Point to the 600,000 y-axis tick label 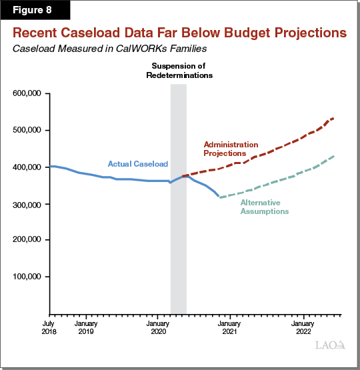(x=27, y=93)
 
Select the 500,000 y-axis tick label (x=27, y=130)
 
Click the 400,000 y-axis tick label (x=27, y=167)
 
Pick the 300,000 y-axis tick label (x=27, y=203)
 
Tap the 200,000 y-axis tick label (x=27, y=239)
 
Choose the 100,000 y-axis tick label (x=27, y=276)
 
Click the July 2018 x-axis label (x=49, y=326)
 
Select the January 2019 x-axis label (x=85, y=326)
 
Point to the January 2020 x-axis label (x=158, y=326)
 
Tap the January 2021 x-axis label (x=231, y=326)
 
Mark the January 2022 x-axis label (x=303, y=326)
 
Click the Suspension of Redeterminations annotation (x=179, y=71)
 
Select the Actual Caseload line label (x=138, y=164)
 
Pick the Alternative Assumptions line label (x=264, y=207)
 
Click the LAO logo (x=331, y=345)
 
